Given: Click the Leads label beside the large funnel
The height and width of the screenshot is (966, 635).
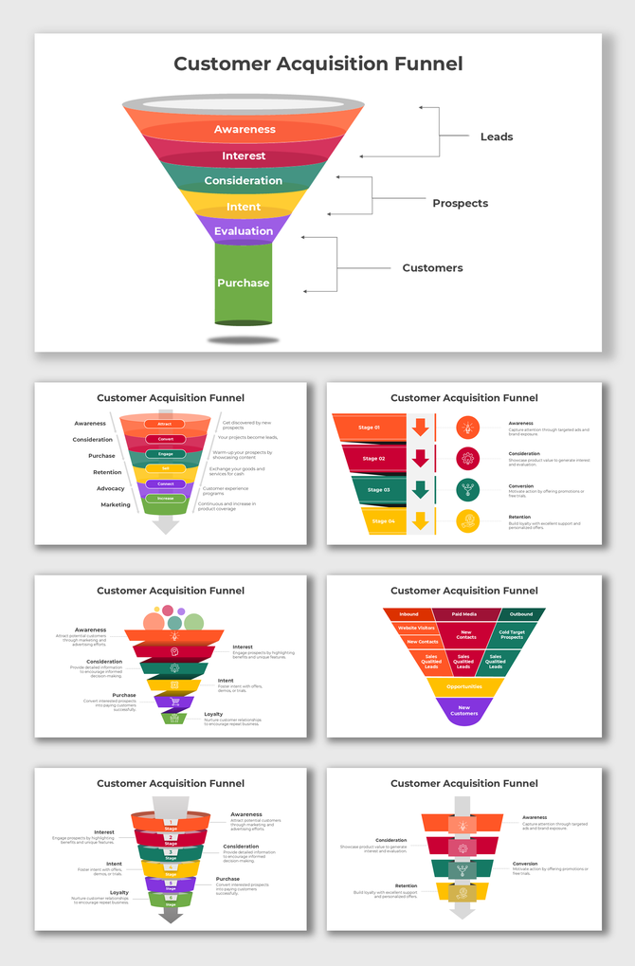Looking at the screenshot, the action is pyautogui.click(x=496, y=137).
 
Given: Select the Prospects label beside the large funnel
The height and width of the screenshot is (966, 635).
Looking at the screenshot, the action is pyautogui.click(x=460, y=203).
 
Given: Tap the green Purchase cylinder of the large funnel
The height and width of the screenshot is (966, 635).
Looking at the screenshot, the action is pyautogui.click(x=244, y=283).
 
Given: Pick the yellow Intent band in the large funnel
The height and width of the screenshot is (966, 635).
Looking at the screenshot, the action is pyautogui.click(x=244, y=207).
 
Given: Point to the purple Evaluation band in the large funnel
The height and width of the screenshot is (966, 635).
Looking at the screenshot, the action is pyautogui.click(x=244, y=231).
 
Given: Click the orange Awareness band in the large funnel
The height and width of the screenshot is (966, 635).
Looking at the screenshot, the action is pyautogui.click(x=245, y=129).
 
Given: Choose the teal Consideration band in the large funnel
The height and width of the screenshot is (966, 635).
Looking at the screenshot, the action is pyautogui.click(x=244, y=180).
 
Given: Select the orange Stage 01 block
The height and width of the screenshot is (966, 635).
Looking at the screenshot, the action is pyautogui.click(x=368, y=428).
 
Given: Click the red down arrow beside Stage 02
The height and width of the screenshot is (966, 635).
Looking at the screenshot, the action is pyautogui.click(x=421, y=459).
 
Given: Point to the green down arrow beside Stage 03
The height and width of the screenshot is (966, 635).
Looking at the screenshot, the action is pyautogui.click(x=421, y=490).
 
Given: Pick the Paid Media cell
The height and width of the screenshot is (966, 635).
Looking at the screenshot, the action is pyautogui.click(x=464, y=614).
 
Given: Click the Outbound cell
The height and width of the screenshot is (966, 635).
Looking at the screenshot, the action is pyautogui.click(x=521, y=614).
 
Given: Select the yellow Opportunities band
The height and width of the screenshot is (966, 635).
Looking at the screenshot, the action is pyautogui.click(x=464, y=686).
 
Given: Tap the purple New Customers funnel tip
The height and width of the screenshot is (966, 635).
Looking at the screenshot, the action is pyautogui.click(x=464, y=710).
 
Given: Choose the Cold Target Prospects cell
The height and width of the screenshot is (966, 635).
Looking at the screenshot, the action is pyautogui.click(x=512, y=634).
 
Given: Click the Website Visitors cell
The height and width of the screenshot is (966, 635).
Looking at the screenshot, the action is pyautogui.click(x=414, y=629).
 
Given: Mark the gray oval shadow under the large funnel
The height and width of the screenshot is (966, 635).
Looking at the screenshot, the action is pyautogui.click(x=244, y=339).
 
